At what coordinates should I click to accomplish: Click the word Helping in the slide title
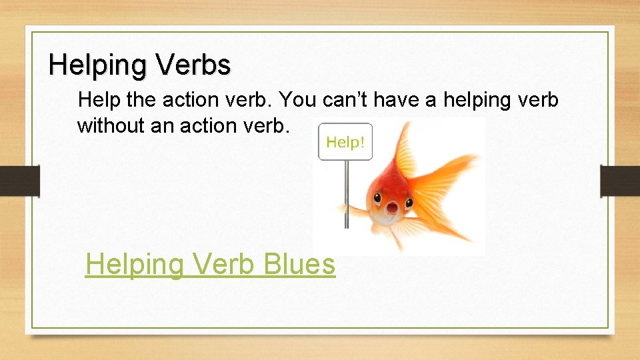(x=99, y=65)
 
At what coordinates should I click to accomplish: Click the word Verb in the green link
(x=226, y=264)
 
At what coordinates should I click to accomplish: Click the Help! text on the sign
(x=345, y=142)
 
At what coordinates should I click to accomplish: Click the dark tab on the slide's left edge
(x=19, y=181)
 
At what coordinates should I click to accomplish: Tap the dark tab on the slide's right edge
(x=620, y=181)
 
